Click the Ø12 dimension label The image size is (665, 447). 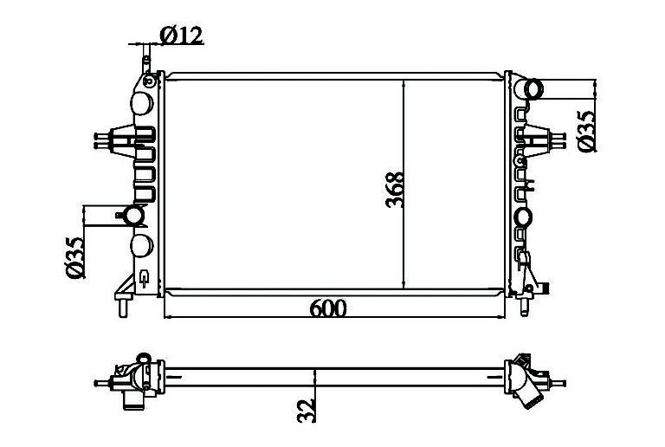182,36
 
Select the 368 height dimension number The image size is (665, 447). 395,190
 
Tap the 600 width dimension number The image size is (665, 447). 328,308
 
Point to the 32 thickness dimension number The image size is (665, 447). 307,410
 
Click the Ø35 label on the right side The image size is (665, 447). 586,131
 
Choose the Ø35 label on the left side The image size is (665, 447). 75,257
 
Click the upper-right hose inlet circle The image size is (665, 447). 534,90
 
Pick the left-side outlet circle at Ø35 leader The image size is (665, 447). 134,216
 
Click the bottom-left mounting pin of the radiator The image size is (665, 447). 123,306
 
